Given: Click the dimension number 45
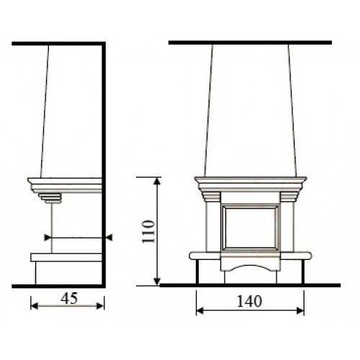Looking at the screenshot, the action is pyautogui.click(x=69, y=299).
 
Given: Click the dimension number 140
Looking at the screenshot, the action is pyautogui.click(x=249, y=302).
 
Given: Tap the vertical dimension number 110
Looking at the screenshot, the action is pyautogui.click(x=148, y=232).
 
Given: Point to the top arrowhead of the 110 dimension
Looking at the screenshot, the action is pyautogui.click(x=157, y=181).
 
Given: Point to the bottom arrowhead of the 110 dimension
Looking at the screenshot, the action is pyautogui.click(x=157, y=282).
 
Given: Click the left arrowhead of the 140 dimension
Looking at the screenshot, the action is pyautogui.click(x=200, y=311).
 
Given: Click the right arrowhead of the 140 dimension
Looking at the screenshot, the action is pyautogui.click(x=300, y=311).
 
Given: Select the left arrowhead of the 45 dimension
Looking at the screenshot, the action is pyautogui.click(x=35, y=306).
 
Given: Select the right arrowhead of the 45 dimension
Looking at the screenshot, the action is pyautogui.click(x=100, y=306).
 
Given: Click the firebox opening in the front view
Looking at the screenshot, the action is pyautogui.click(x=251, y=228).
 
